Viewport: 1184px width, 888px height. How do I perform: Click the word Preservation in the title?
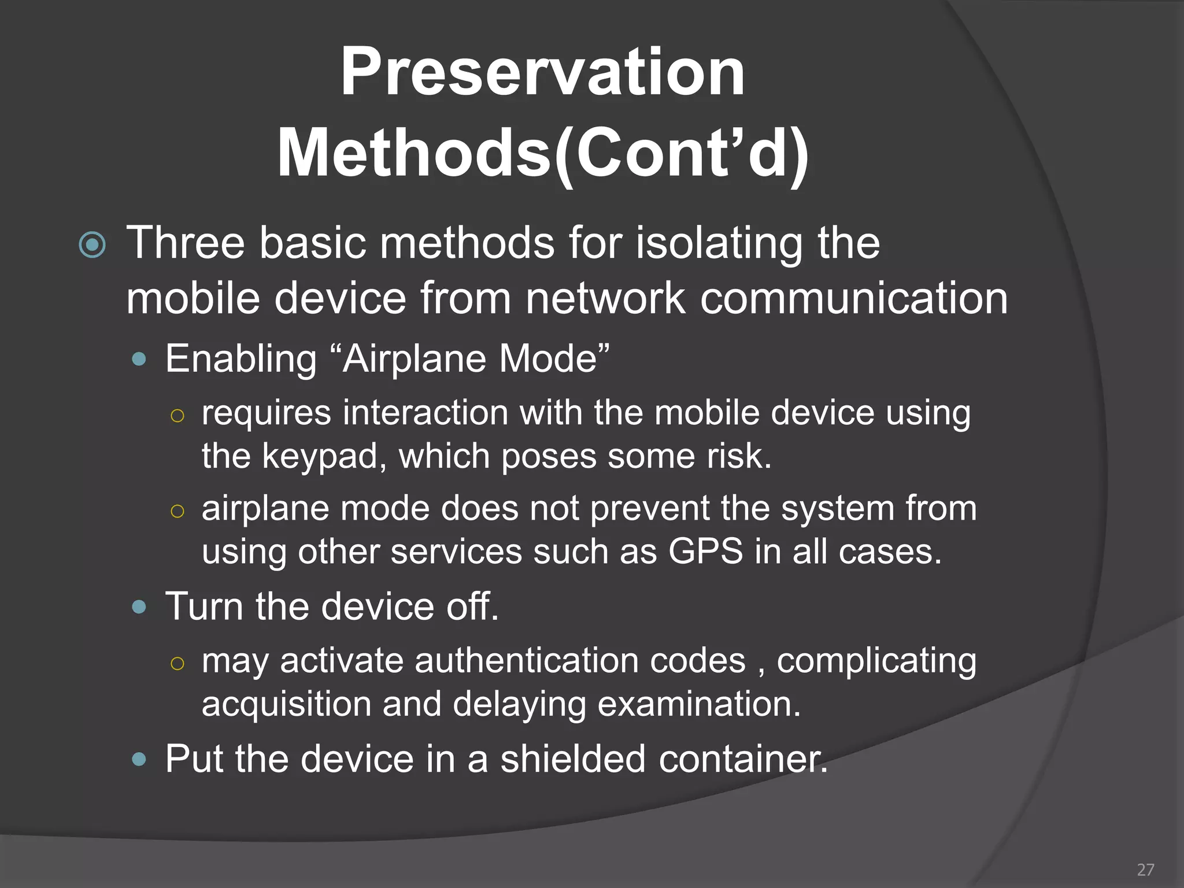tap(542, 72)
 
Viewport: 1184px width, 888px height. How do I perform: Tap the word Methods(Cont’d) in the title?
tap(542, 154)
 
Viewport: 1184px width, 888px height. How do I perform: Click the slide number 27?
tap(1145, 869)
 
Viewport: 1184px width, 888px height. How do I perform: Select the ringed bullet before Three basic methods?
tap(92, 245)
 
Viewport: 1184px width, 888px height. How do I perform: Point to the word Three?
tap(186, 243)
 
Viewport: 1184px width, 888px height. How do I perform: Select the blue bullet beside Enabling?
tap(139, 360)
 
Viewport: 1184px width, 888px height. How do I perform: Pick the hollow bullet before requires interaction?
tap(177, 416)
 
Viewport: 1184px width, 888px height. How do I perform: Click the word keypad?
tap(324, 457)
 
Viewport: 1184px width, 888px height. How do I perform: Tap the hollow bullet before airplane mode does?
tap(177, 510)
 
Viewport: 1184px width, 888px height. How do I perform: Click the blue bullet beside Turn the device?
tap(139, 607)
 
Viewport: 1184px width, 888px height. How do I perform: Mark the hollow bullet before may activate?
tap(177, 663)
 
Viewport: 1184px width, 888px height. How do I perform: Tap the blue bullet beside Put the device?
tap(139, 759)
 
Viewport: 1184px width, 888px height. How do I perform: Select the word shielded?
tap(572, 758)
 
